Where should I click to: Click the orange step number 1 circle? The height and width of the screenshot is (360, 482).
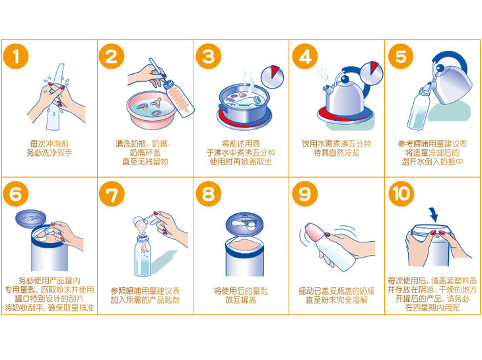tap(16, 56)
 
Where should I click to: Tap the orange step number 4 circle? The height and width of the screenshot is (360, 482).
tap(305, 56)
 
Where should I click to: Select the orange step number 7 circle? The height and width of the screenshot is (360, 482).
tap(112, 194)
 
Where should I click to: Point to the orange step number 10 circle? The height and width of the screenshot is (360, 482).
tap(401, 194)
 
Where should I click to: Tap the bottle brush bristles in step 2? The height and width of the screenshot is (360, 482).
tap(179, 99)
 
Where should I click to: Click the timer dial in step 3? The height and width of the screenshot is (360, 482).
tap(272, 77)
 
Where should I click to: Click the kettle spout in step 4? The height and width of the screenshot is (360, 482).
tap(327, 89)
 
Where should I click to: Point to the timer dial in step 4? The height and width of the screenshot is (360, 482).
tap(372, 73)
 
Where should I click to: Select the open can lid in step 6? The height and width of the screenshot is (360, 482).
tap(31, 219)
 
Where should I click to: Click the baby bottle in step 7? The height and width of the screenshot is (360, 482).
tap(143, 255)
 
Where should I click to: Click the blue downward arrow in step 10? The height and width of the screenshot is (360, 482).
tap(433, 215)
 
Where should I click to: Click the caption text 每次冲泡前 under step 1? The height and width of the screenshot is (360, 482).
tap(49, 143)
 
